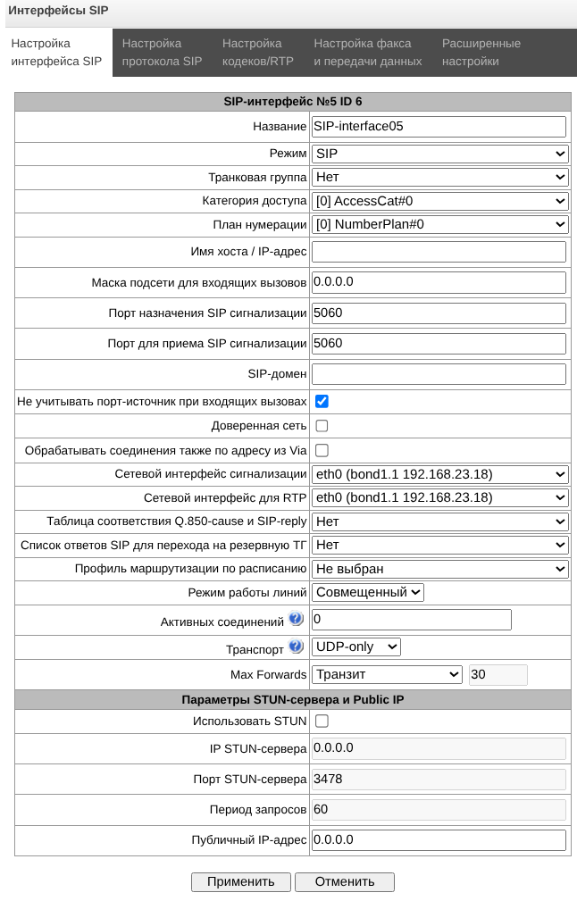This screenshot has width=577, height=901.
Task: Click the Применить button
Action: point(240,881)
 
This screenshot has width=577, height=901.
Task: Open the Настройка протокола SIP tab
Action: point(162,53)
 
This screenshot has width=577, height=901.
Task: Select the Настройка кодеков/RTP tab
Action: point(257,53)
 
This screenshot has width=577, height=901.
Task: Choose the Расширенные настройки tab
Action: point(481,53)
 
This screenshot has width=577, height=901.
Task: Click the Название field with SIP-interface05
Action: point(439,127)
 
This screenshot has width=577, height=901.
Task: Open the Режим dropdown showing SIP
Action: point(439,154)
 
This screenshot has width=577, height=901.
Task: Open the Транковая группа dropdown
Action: point(439,177)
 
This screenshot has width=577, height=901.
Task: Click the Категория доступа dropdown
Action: point(439,201)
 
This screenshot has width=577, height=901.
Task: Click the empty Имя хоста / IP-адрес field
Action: point(439,252)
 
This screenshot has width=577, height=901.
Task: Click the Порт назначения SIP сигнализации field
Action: point(439,313)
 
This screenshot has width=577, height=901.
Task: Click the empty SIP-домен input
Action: point(439,374)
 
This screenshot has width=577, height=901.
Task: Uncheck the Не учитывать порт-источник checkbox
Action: point(322,402)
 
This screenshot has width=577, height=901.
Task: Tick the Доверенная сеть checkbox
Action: point(322,426)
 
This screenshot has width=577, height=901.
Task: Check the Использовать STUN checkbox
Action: point(322,721)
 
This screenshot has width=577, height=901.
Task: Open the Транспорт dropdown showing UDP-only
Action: point(356,647)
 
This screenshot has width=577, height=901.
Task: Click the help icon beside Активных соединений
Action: point(296,619)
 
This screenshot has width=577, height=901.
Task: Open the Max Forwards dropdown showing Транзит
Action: point(385,674)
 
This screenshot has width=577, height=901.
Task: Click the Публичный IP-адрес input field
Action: point(439,840)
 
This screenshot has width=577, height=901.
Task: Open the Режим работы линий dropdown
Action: point(367,592)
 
